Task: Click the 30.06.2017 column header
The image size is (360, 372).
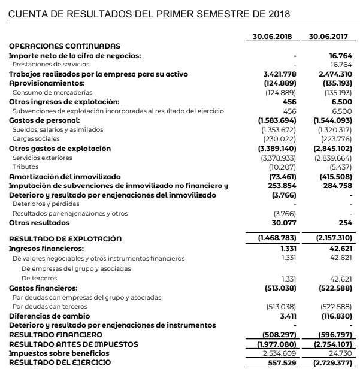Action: tap(328, 37)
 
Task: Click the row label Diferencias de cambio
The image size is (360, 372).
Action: tap(50, 315)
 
